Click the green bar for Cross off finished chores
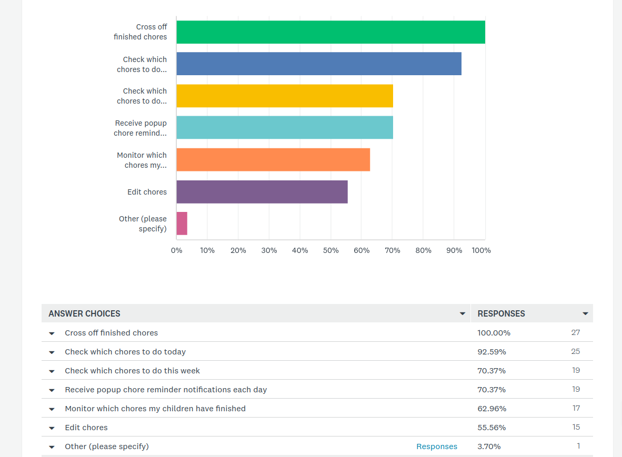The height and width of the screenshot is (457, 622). click(x=331, y=32)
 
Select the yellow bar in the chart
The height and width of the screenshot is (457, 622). click(x=285, y=96)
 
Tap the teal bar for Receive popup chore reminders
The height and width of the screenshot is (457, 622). click(x=285, y=128)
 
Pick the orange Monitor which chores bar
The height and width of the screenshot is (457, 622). click(x=273, y=160)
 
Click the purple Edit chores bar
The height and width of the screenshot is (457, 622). click(x=262, y=192)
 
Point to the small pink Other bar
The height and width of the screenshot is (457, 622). click(x=182, y=224)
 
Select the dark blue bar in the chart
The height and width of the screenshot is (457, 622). click(x=319, y=64)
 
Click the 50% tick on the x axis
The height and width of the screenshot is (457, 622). click(x=331, y=250)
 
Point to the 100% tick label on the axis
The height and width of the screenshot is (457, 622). click(x=481, y=250)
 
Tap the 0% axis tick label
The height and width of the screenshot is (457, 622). click(x=176, y=250)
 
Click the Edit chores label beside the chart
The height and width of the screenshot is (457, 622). click(x=147, y=192)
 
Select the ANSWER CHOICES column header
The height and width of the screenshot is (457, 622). click(x=85, y=313)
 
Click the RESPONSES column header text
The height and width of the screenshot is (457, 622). click(x=501, y=313)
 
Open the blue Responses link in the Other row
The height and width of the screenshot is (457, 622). click(x=437, y=446)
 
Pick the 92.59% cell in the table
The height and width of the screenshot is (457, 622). click(x=492, y=352)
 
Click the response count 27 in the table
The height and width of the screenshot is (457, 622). click(x=576, y=332)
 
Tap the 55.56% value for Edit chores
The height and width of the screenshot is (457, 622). click(x=492, y=427)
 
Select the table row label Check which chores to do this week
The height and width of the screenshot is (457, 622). click(x=133, y=371)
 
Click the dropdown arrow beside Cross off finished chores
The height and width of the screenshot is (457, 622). click(x=52, y=333)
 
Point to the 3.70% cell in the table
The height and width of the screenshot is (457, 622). click(x=489, y=446)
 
